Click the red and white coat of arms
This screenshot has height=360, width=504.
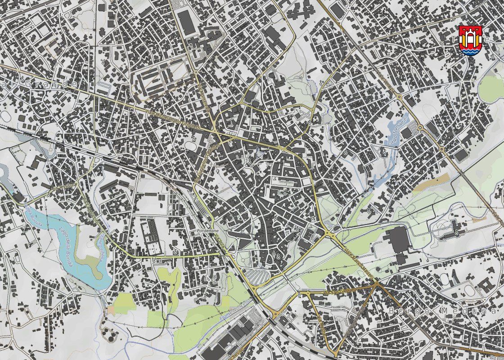coord(471,40)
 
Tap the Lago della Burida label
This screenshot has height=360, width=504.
coord(67,243)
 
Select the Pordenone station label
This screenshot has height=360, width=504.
coord(207,230)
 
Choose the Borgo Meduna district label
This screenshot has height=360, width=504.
coord(443,311)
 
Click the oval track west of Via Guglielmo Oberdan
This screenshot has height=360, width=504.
coord(191,146)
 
